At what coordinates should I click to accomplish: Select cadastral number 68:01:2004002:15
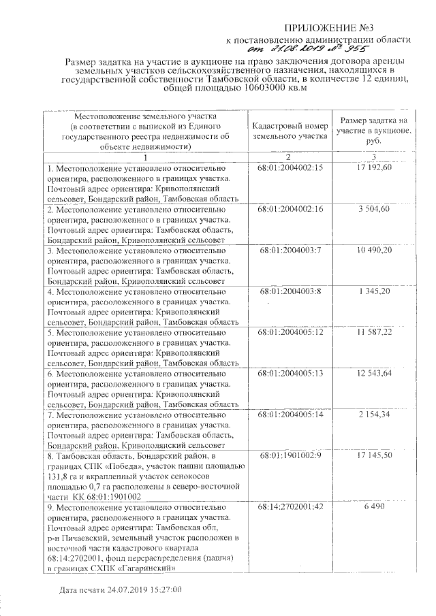click(290, 167)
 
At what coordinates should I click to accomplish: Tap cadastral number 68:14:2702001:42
click(290, 508)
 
